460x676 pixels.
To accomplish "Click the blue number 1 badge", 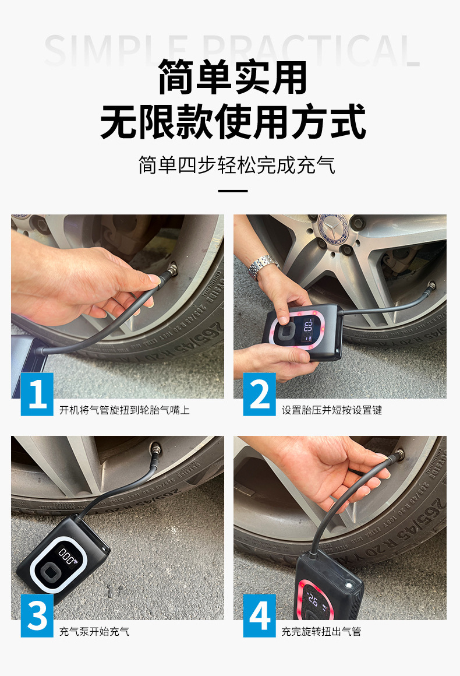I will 37,394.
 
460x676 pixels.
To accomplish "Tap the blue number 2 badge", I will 259,394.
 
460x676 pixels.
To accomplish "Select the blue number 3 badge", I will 37,615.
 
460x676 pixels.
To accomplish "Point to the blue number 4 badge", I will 259,615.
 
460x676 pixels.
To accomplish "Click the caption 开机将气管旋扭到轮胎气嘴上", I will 125,410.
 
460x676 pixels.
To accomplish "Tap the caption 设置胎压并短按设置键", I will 332,410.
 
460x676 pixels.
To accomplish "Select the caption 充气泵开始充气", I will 94,632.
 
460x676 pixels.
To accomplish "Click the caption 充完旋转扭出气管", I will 321,632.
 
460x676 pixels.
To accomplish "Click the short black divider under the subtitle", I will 232,191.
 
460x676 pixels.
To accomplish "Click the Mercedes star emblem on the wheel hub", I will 332,226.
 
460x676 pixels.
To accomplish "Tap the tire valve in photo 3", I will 156,450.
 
